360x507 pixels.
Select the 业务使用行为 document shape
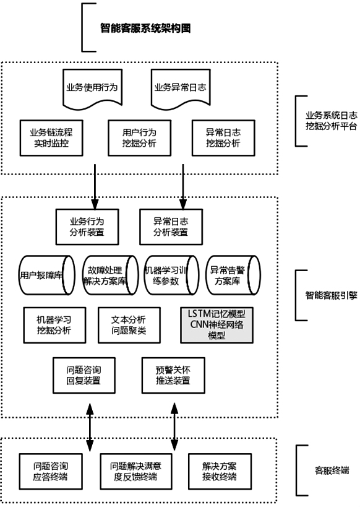[91, 87]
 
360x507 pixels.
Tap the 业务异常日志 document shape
[180, 87]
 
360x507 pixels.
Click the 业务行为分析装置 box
[87, 227]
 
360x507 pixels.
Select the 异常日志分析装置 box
[169, 227]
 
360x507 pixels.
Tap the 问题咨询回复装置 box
[84, 375]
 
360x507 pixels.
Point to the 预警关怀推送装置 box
[173, 375]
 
